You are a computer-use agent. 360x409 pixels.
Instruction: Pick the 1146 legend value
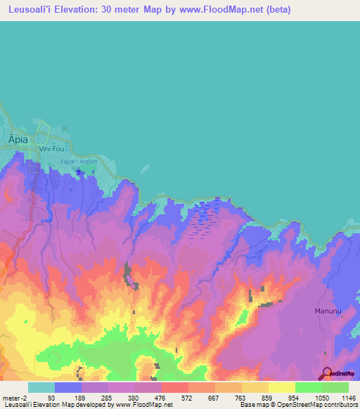coord(349,398)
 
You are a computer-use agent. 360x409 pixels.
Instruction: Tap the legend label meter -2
coord(16,398)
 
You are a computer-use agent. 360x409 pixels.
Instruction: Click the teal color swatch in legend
coord(41,387)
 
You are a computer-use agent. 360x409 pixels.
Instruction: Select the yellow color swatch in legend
coord(281,387)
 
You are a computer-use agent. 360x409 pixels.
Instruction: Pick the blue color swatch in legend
coord(67,387)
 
